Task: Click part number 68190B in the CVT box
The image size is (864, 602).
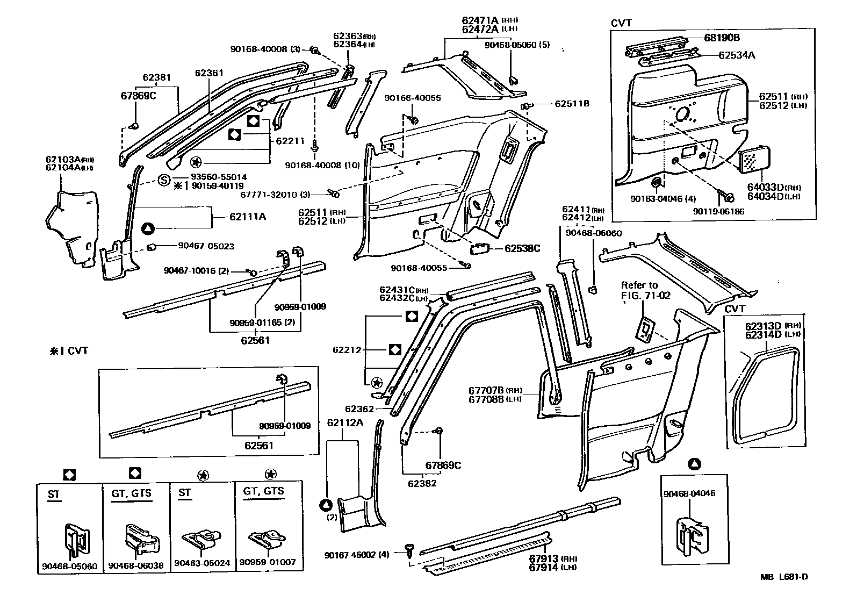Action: pos(722,38)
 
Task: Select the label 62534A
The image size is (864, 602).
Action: pos(736,55)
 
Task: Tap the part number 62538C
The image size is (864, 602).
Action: pos(522,248)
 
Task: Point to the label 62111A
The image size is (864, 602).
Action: pos(248,217)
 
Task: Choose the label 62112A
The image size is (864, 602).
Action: pos(344,422)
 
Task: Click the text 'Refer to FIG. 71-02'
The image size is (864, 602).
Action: pos(645,290)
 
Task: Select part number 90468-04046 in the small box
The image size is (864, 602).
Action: pos(689,493)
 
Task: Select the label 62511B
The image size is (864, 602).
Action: pos(572,103)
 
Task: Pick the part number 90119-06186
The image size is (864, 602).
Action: pos(718,212)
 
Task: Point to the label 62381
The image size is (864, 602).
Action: pos(156,77)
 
